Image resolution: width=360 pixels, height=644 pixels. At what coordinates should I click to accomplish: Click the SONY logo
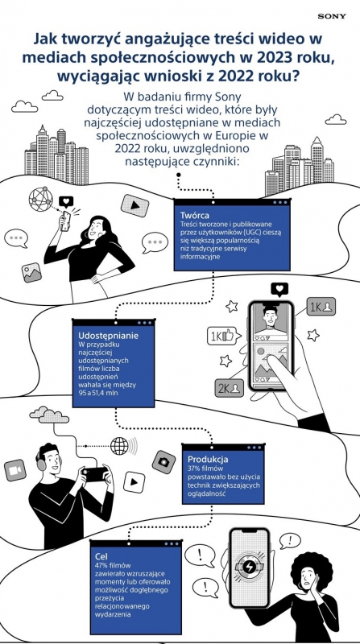[332, 16]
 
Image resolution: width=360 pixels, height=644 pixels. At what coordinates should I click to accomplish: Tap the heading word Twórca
[195, 215]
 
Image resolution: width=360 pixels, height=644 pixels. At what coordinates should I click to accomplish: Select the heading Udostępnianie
[108, 335]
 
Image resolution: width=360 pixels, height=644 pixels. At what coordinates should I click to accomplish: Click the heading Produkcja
[208, 459]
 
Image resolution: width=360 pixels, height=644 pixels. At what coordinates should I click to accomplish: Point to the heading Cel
[101, 556]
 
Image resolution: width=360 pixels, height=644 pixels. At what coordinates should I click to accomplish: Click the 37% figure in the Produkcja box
[195, 469]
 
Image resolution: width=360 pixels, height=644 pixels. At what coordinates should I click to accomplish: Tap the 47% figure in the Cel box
[101, 566]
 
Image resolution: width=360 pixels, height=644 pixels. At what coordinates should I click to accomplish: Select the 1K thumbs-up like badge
[221, 336]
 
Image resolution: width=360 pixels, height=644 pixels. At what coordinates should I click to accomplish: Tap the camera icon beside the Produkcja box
[163, 462]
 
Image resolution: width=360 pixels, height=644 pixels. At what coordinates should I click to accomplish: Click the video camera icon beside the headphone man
[15, 470]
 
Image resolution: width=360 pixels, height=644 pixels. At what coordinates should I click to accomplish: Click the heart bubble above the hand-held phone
[279, 290]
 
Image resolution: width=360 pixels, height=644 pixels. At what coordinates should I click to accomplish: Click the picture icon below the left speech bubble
[31, 272]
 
